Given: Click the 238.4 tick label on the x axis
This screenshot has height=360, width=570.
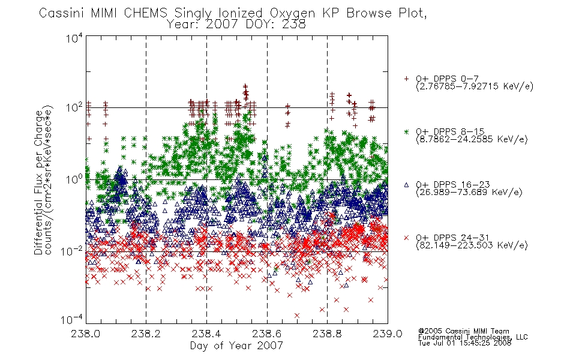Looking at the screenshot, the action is click(x=206, y=334).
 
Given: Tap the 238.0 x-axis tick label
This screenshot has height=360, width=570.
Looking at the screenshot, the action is click(x=85, y=334).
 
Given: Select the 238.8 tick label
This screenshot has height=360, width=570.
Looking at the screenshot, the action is click(x=327, y=334).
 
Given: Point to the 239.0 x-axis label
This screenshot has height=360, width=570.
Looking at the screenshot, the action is click(x=388, y=334).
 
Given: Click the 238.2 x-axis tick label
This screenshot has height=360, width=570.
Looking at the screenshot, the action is click(x=146, y=334).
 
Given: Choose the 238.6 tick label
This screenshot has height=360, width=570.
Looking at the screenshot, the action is click(x=266, y=334).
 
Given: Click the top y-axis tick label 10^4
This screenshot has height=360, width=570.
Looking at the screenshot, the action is click(x=74, y=38).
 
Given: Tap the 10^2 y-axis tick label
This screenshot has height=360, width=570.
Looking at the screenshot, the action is click(x=74, y=108).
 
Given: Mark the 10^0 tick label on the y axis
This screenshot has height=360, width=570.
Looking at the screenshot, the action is click(x=74, y=179).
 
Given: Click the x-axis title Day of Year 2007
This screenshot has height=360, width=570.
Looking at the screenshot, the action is click(x=236, y=346).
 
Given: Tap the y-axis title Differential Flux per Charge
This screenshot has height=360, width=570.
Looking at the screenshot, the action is click(x=38, y=182).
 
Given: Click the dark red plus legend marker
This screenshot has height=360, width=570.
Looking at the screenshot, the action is click(x=406, y=79).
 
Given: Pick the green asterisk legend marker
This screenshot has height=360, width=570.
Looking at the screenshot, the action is click(x=406, y=131).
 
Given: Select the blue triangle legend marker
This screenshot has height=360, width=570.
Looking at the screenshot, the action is click(x=406, y=185).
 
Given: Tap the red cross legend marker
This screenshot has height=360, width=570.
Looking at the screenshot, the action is click(x=406, y=238).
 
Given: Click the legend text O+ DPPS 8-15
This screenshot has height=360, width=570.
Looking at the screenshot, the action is click(x=450, y=131).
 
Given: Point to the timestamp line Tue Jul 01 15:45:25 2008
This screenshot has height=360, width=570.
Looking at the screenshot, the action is click(x=464, y=343).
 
